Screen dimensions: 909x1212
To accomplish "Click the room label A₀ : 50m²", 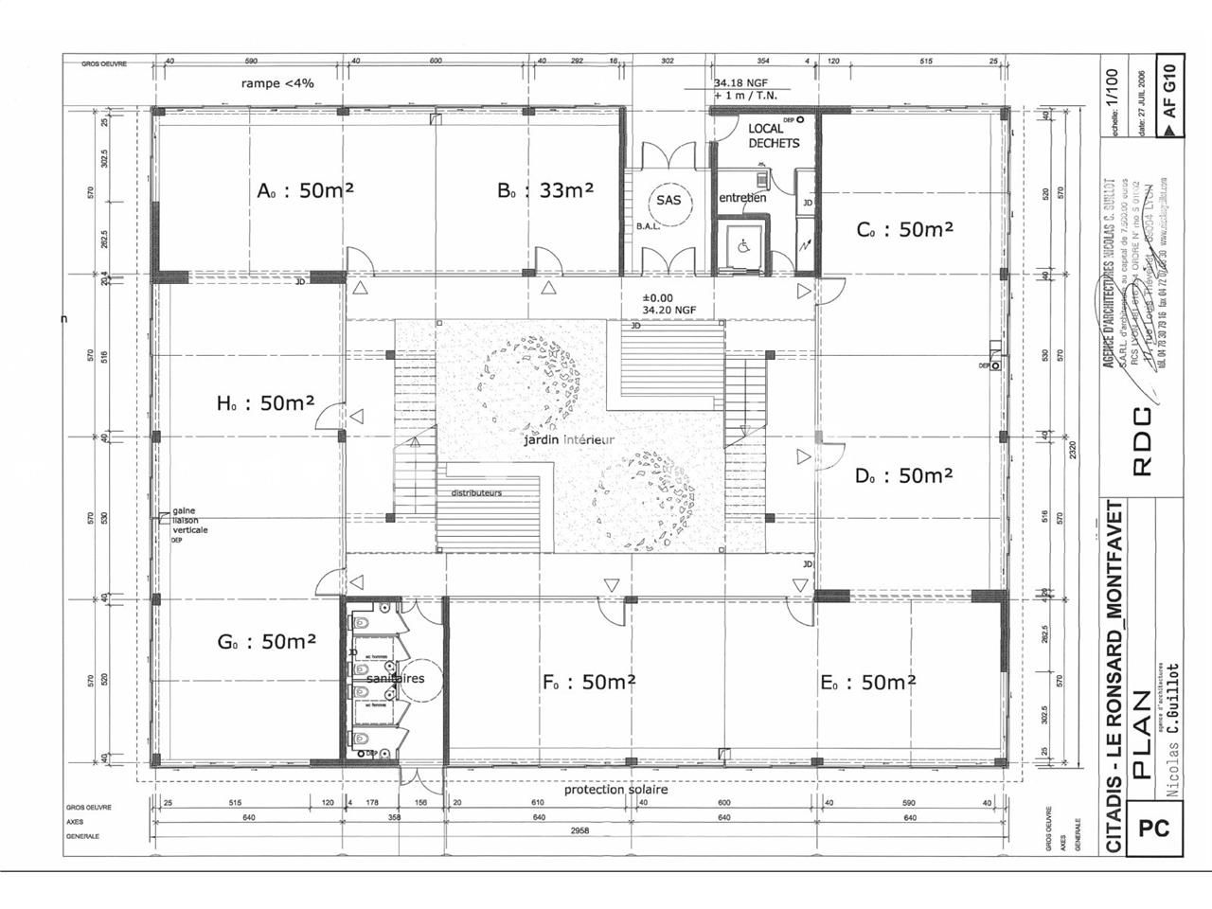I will pyautogui.click(x=305, y=189).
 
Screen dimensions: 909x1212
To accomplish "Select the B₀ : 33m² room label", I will pyautogui.click(x=545, y=189).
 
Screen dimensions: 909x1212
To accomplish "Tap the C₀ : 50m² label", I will pyautogui.click(x=904, y=229).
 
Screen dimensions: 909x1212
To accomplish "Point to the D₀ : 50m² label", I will pyautogui.click(x=903, y=475).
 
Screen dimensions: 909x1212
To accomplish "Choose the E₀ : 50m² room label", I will pyautogui.click(x=867, y=682).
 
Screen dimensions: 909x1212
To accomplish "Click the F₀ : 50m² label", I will pyautogui.click(x=588, y=682).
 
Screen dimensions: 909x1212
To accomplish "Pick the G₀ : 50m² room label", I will pyautogui.click(x=266, y=641).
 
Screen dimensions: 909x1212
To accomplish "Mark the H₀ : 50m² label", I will pyautogui.click(x=265, y=402).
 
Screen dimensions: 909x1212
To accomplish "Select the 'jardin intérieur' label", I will pyautogui.click(x=568, y=440).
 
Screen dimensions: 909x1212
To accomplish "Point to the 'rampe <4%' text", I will pyautogui.click(x=276, y=83).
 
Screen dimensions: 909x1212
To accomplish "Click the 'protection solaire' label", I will pyautogui.click(x=615, y=789).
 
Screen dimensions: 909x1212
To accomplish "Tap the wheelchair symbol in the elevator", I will pyautogui.click(x=741, y=245).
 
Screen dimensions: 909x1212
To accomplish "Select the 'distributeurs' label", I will pyautogui.click(x=476, y=493).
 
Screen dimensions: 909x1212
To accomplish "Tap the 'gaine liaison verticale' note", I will pyautogui.click(x=189, y=520).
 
